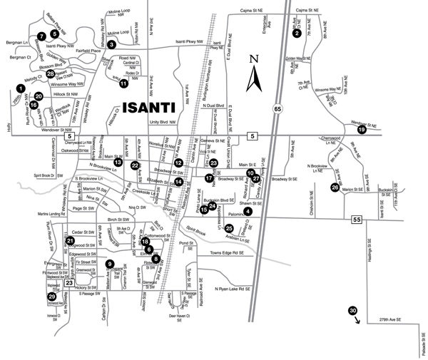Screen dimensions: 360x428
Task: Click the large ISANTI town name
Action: (153, 109)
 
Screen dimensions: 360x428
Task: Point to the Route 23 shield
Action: (70, 283)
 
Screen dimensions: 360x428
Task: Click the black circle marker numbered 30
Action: (352, 311)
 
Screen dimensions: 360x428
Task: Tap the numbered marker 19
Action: (362, 130)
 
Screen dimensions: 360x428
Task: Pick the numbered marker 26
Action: (335, 187)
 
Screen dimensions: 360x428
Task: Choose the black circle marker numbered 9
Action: (110, 264)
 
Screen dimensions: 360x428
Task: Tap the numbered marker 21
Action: (70, 241)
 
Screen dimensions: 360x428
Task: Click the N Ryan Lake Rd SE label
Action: (234, 289)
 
